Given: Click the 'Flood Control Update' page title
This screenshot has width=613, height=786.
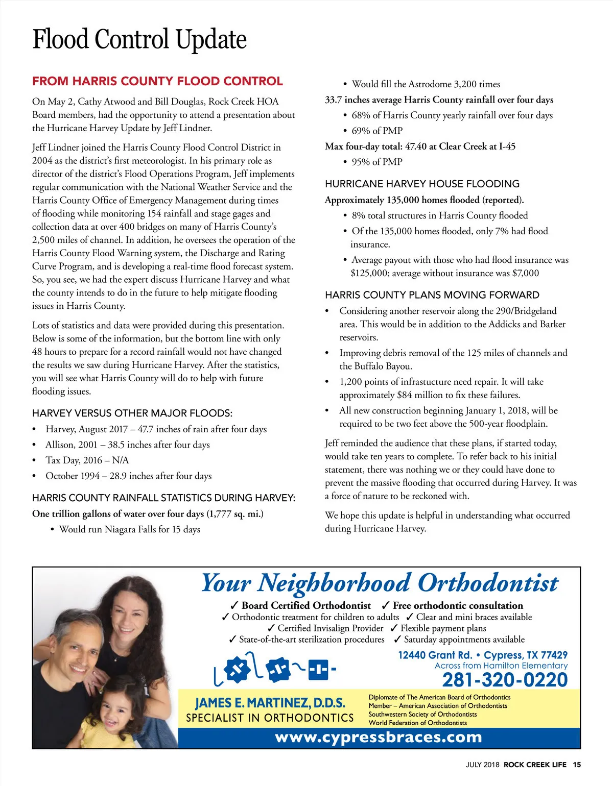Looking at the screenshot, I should pos(139,40).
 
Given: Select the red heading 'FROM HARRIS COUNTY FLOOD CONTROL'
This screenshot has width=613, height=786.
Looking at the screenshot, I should pos(157,81).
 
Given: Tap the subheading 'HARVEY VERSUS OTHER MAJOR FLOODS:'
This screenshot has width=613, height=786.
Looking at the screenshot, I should pos(132,413).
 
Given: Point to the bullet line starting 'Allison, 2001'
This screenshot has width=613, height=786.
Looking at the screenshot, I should pos(127,445).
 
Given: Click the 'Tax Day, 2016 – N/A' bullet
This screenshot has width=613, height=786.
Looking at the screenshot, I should pos(87,460).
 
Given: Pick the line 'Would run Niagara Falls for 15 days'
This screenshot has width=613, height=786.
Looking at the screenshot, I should pos(129,529).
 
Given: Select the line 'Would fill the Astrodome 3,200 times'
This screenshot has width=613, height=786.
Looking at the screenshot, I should pos(426,84).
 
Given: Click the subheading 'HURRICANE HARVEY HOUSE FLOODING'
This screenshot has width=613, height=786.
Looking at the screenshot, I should pos(422,184).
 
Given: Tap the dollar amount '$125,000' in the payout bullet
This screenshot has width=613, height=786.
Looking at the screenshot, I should pos(369,273).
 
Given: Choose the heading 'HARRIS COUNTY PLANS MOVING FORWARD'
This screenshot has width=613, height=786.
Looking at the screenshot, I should pos(432,295).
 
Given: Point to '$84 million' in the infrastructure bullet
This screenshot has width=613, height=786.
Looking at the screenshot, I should pos(421,395).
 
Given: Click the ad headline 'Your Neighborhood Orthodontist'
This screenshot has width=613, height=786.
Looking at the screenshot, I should pos(380,583).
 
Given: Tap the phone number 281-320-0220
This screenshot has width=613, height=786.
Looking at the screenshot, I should pos(505,680).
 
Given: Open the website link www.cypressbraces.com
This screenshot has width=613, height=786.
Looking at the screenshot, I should pos(379,738).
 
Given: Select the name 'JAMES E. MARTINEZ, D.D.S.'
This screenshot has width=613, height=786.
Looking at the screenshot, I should pos(270,703).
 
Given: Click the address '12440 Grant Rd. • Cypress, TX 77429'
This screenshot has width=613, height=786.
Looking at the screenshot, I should pos(483,655).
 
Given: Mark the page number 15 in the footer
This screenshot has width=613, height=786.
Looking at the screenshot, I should pos(577,765).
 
